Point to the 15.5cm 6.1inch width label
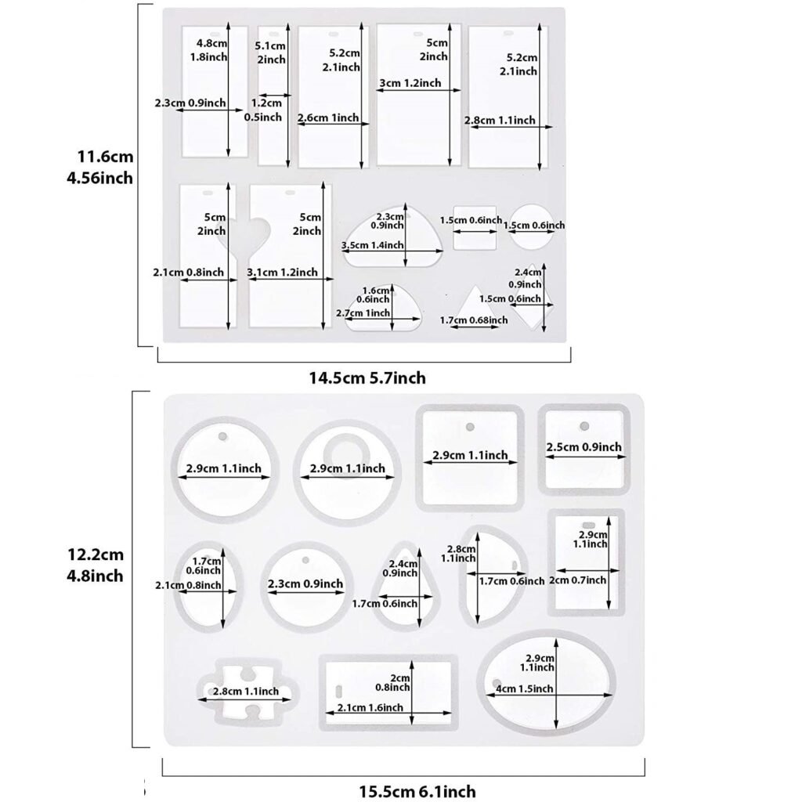tap(414, 791)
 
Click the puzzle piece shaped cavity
tap(245, 691)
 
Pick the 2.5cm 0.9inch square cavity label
tap(583, 447)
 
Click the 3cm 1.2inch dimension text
tap(409, 83)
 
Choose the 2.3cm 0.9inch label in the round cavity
tap(305, 583)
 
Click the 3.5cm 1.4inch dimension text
tap(373, 245)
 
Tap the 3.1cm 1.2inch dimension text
tap(282, 272)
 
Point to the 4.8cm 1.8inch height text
tap(210, 49)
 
